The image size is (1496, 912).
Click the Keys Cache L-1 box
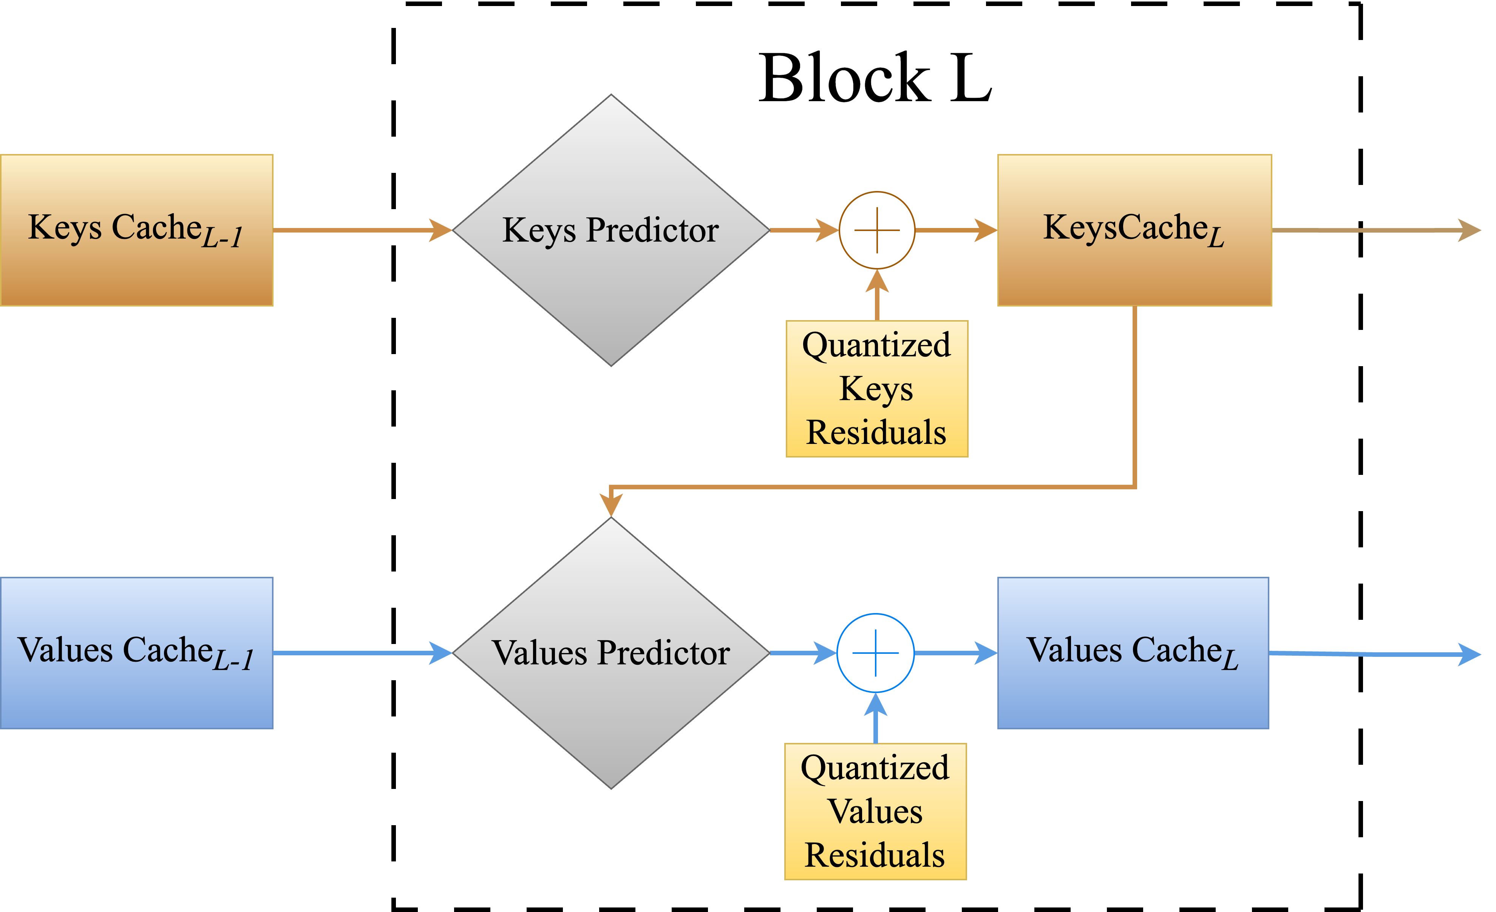137,230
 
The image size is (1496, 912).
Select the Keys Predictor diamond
611,230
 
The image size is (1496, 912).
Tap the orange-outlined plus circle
877,230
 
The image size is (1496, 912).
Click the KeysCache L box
1134,230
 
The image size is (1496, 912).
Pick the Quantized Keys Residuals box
877,388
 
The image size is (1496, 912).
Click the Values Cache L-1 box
137,653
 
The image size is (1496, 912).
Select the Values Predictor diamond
611,653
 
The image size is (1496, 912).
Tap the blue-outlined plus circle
876,653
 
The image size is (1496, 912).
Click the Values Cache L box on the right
1133,653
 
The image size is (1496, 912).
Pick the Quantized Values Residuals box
876,811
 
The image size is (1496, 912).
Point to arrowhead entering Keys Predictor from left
441,230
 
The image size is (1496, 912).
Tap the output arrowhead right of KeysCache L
1469,230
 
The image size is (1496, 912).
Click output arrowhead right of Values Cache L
1469,654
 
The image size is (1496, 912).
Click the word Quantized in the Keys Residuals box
877,345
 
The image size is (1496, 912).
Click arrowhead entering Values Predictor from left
441,653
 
